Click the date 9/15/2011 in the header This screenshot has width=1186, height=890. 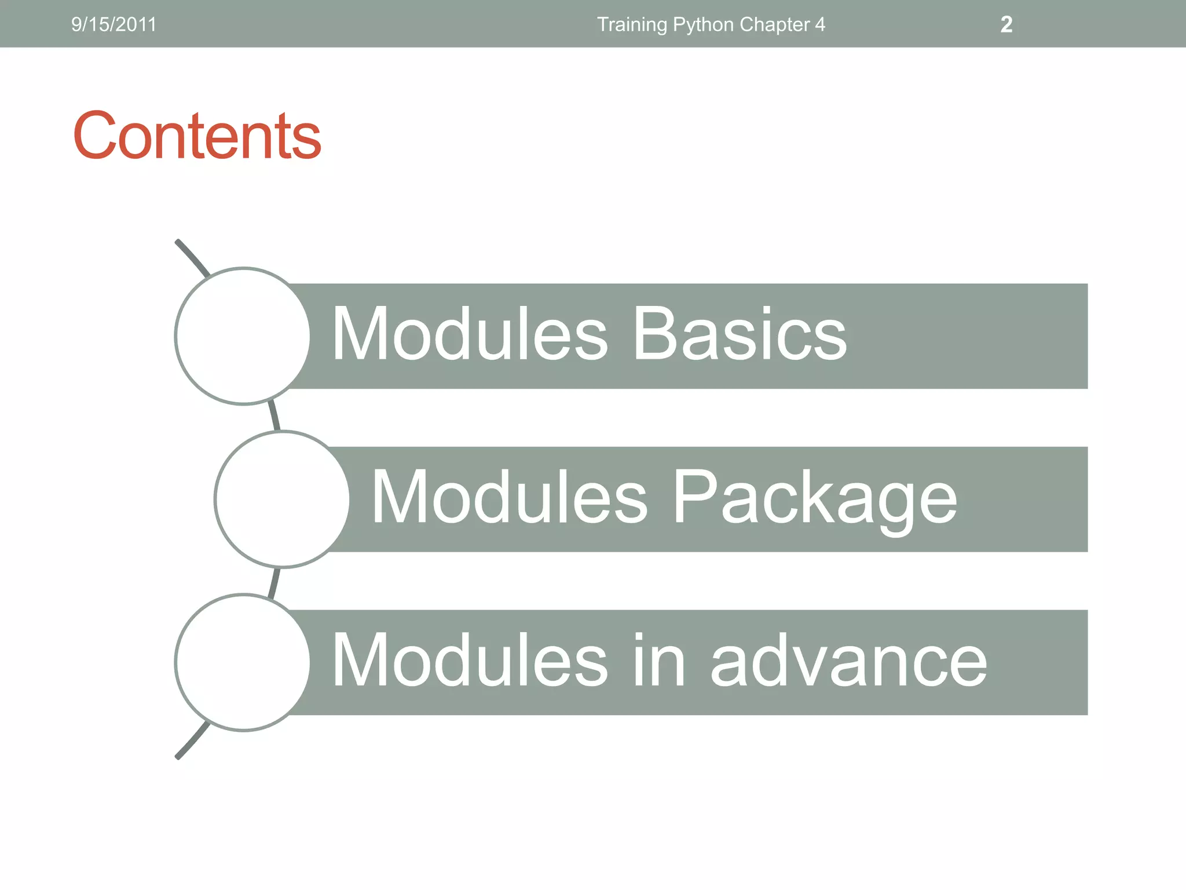pos(114,24)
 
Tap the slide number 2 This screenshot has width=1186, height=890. pos(1006,24)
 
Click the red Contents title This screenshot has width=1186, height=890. pos(197,136)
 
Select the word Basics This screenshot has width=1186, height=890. pos(740,334)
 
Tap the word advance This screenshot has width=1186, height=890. pos(848,661)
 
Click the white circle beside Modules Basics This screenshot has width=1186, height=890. pos(243,336)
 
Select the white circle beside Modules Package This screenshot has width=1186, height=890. pos(283,499)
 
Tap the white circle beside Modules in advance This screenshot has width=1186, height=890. pos(243,662)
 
